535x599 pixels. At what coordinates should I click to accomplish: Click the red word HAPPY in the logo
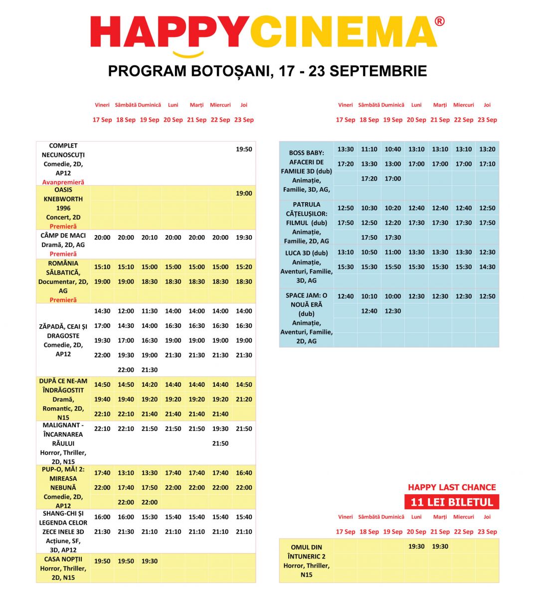pyautogui.click(x=170, y=31)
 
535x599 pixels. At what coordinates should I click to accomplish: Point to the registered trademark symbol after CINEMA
pyautogui.click(x=439, y=21)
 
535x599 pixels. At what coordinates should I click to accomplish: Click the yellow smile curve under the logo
pyautogui.click(x=188, y=54)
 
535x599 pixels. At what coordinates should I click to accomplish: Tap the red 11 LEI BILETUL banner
pyautogui.click(x=451, y=502)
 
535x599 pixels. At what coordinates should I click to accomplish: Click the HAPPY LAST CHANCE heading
pyautogui.click(x=452, y=487)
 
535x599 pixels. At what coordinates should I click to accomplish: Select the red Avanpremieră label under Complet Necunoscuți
pyautogui.click(x=63, y=182)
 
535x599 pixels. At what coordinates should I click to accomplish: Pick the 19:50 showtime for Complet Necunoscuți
pyautogui.click(x=244, y=149)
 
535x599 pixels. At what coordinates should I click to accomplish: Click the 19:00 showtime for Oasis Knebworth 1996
pyautogui.click(x=244, y=193)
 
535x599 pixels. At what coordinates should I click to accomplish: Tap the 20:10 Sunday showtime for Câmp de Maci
pyautogui.click(x=150, y=238)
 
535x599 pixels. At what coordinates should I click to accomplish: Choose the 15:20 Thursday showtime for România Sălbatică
pyautogui.click(x=244, y=267)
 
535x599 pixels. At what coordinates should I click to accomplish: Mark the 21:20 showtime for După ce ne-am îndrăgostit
pyautogui.click(x=244, y=399)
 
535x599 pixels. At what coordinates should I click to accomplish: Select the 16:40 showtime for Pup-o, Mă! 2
pyautogui.click(x=244, y=473)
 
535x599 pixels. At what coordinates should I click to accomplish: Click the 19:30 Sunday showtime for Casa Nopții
pyautogui.click(x=150, y=561)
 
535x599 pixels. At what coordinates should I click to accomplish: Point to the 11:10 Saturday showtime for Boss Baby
pyautogui.click(x=369, y=149)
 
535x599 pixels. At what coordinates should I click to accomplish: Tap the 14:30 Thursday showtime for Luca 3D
pyautogui.click(x=487, y=267)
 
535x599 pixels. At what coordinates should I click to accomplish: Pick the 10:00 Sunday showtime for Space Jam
pyautogui.click(x=393, y=297)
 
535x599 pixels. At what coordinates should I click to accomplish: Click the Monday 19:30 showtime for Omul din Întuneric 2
pyautogui.click(x=416, y=547)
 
